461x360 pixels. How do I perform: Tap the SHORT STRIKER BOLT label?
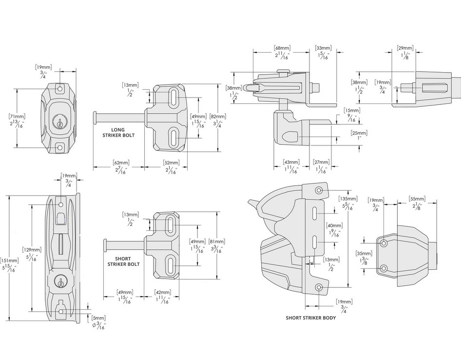pyautogui.click(x=123, y=261)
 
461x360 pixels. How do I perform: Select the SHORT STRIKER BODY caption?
pyautogui.click(x=310, y=318)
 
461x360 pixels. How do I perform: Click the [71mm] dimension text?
pyautogui.click(x=18, y=117)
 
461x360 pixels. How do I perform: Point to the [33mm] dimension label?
pyautogui.click(x=323, y=48)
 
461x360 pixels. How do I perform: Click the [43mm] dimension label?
pyautogui.click(x=291, y=162)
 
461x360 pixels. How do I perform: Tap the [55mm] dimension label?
pyautogui.click(x=418, y=199)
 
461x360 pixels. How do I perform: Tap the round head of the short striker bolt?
pyautogui.click(x=105, y=244)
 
